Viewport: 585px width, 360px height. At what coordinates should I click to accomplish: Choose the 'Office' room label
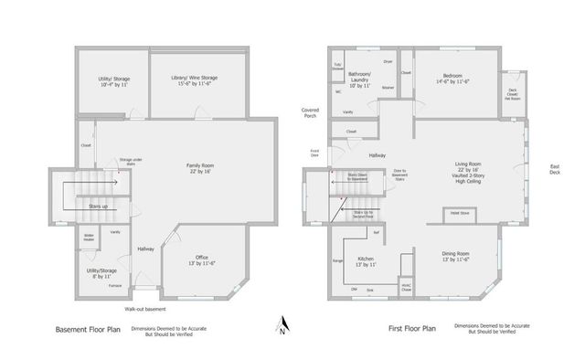coord(202,260)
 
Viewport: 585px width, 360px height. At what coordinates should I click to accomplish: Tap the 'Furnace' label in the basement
coord(114,285)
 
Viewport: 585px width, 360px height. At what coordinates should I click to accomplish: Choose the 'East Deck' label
coord(554,169)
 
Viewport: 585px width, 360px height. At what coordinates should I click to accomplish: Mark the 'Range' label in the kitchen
coord(337,260)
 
